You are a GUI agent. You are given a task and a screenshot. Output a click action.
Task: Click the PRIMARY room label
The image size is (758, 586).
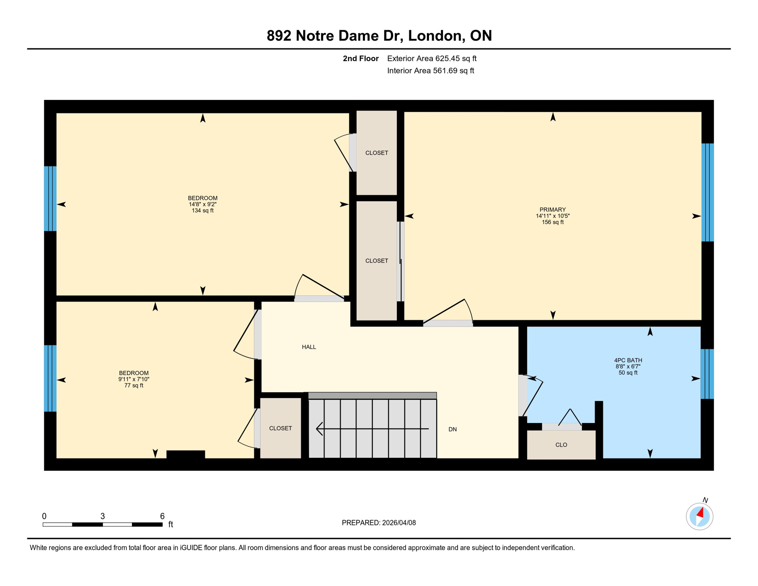pyautogui.click(x=552, y=209)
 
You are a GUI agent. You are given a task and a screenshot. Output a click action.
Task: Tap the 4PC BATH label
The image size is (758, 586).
pyautogui.click(x=628, y=360)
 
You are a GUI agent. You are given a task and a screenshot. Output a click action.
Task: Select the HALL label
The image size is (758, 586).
pyautogui.click(x=309, y=347)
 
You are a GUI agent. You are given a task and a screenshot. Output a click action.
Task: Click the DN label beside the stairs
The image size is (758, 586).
pyautogui.click(x=452, y=429)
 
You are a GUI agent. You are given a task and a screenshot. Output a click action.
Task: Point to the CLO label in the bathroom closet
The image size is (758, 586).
pyautogui.click(x=561, y=445)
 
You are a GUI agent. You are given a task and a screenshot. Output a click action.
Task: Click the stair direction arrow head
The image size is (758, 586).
pyautogui.click(x=319, y=429)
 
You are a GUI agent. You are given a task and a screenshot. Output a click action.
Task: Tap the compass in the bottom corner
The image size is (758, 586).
pyautogui.click(x=699, y=516)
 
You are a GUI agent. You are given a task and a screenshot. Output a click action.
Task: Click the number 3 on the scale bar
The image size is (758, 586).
pyautogui.click(x=103, y=516)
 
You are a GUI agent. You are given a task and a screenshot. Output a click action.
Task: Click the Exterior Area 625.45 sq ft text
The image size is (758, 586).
pyautogui.click(x=432, y=58)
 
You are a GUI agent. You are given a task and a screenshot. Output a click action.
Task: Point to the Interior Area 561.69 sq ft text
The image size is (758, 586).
pyautogui.click(x=430, y=71)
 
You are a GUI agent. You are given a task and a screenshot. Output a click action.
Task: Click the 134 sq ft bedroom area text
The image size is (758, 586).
pyautogui.click(x=202, y=211)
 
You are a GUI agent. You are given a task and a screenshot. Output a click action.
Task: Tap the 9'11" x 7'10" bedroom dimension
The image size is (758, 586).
pyautogui.click(x=134, y=379)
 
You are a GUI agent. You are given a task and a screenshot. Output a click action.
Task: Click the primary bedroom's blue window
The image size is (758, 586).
pyautogui.click(x=708, y=192)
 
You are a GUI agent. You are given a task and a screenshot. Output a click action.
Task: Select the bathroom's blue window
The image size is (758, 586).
pyautogui.click(x=707, y=374)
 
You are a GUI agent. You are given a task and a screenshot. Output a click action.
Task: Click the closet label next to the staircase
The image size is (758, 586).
pyautogui.click(x=281, y=428)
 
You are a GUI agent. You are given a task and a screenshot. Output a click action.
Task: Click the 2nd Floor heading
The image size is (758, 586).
pyautogui.click(x=360, y=58)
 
